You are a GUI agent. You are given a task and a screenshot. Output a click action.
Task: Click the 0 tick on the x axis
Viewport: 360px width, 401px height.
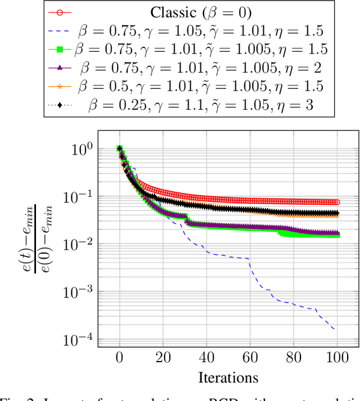[119, 358]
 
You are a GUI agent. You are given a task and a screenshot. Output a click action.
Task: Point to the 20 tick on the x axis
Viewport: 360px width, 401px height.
[163, 358]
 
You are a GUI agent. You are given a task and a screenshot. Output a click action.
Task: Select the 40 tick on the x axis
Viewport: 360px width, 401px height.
[206, 358]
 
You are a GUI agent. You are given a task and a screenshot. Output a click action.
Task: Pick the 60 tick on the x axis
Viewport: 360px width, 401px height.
[250, 358]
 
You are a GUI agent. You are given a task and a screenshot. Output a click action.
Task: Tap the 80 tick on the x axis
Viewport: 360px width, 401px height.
[294, 358]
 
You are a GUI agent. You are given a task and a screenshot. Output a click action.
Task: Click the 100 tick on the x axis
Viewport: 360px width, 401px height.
[337, 358]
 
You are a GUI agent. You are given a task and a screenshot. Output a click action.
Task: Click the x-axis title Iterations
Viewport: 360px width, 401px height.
[228, 376]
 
